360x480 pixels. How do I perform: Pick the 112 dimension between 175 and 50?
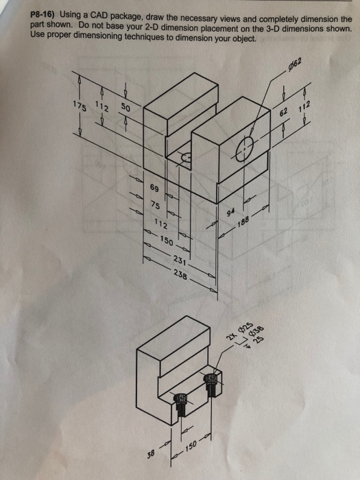point(101,106)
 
